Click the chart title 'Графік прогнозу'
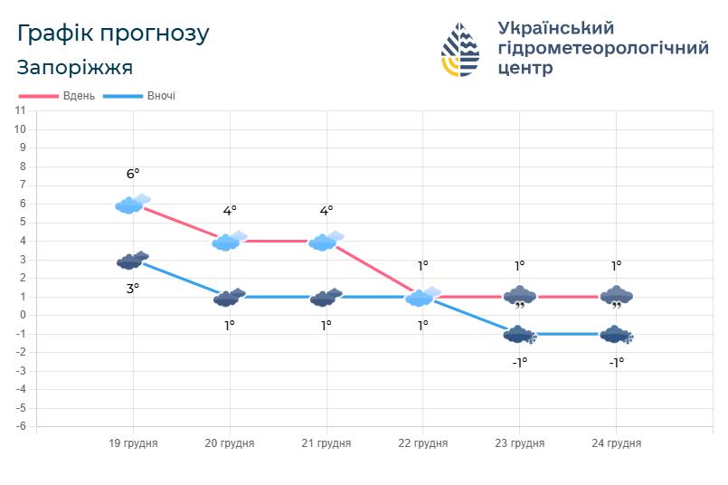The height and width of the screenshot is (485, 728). tap(113, 33)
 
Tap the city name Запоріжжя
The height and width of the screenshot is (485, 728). tap(75, 68)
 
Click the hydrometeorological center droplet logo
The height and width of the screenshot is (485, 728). tap(461, 50)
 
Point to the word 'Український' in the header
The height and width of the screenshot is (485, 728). tap(556, 28)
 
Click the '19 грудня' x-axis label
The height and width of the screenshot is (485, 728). tap(133, 443)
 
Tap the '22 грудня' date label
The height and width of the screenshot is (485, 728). tap(422, 443)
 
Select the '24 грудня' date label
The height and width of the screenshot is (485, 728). tap(616, 443)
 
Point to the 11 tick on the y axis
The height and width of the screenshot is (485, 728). tap(20, 110)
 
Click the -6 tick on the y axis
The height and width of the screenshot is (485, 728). tap(20, 426)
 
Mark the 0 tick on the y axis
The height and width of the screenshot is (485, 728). tap(22, 315)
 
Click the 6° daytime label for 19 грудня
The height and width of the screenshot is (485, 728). tap(133, 174)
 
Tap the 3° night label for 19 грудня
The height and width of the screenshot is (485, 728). tap(133, 289)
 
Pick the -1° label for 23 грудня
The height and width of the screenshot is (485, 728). tap(519, 362)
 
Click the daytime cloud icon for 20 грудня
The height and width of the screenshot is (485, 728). tap(229, 241)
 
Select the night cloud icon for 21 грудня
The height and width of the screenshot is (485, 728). tap(326, 297)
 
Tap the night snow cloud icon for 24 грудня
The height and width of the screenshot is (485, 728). tap(617, 335)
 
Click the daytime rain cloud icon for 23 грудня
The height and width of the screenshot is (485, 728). tap(519, 296)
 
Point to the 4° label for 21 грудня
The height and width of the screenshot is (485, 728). tap(326, 211)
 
